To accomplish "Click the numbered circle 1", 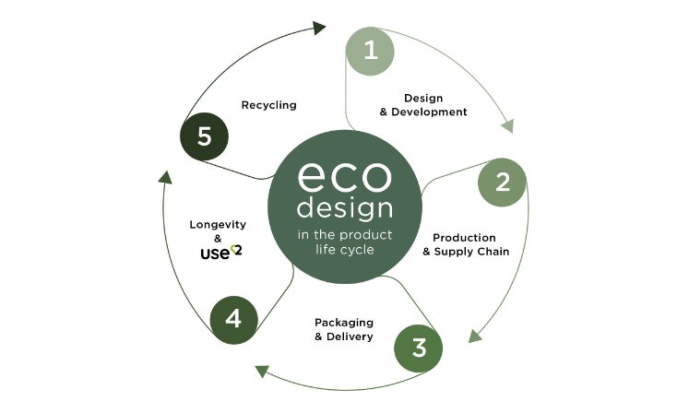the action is pos(370,51).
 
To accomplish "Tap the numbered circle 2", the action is pos(502,183).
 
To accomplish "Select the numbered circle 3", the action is pos(419,348).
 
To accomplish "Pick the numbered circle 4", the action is pos(233,320).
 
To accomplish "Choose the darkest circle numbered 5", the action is pos(205,136).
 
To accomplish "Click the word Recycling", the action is pos(269,105).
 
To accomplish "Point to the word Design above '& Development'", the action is pos(423,98).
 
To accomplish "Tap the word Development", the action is pos(429,112).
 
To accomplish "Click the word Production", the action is pos(465,238).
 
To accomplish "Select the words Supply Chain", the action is pos(472,252).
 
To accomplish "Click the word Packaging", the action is pos(344,323).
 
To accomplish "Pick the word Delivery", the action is pos(350,336).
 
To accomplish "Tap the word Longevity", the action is pos(218,225).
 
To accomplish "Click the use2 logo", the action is pos(221,253).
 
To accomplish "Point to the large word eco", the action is pos(344,176).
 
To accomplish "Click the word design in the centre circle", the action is pos(345,208).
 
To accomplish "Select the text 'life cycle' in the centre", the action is pos(345,250).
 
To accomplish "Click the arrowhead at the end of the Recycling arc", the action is pos(319,29).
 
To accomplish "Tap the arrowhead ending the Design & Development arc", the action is pos(507,126).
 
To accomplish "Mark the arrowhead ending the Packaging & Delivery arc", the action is pos(261,372).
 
